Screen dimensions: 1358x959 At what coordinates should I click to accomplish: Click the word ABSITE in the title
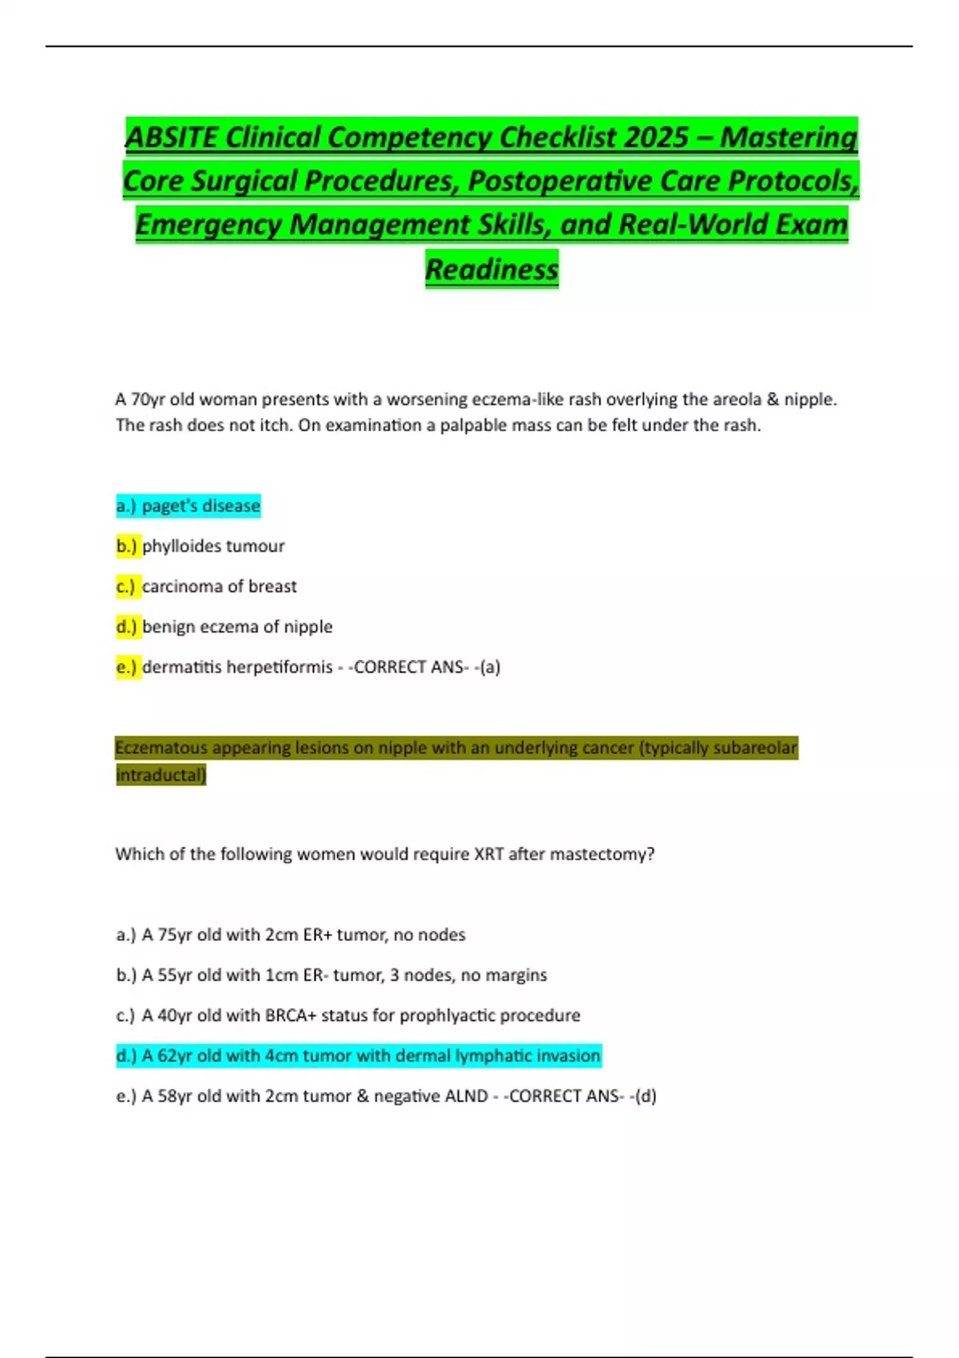pyautogui.click(x=171, y=137)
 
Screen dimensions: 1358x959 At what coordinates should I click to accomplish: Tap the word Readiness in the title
pyautogui.click(x=491, y=269)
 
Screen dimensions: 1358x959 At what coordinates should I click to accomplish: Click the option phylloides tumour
pyautogui.click(x=213, y=546)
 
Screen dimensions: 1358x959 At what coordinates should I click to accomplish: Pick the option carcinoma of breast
pyautogui.click(x=219, y=586)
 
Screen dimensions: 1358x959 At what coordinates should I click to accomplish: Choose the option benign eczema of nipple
pyautogui.click(x=237, y=626)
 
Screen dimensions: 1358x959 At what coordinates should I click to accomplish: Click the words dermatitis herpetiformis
pyautogui.click(x=237, y=667)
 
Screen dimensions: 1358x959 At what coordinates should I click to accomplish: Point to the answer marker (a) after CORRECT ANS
pyautogui.click(x=489, y=667)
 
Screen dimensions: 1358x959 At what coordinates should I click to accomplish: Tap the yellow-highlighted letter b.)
pyautogui.click(x=127, y=546)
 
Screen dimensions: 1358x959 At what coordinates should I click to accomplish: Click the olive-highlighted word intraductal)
pyautogui.click(x=161, y=775)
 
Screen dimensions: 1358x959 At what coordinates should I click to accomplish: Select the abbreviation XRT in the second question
pyautogui.click(x=488, y=854)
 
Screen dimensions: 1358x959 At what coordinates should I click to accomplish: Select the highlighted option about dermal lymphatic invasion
pyautogui.click(x=358, y=1056)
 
